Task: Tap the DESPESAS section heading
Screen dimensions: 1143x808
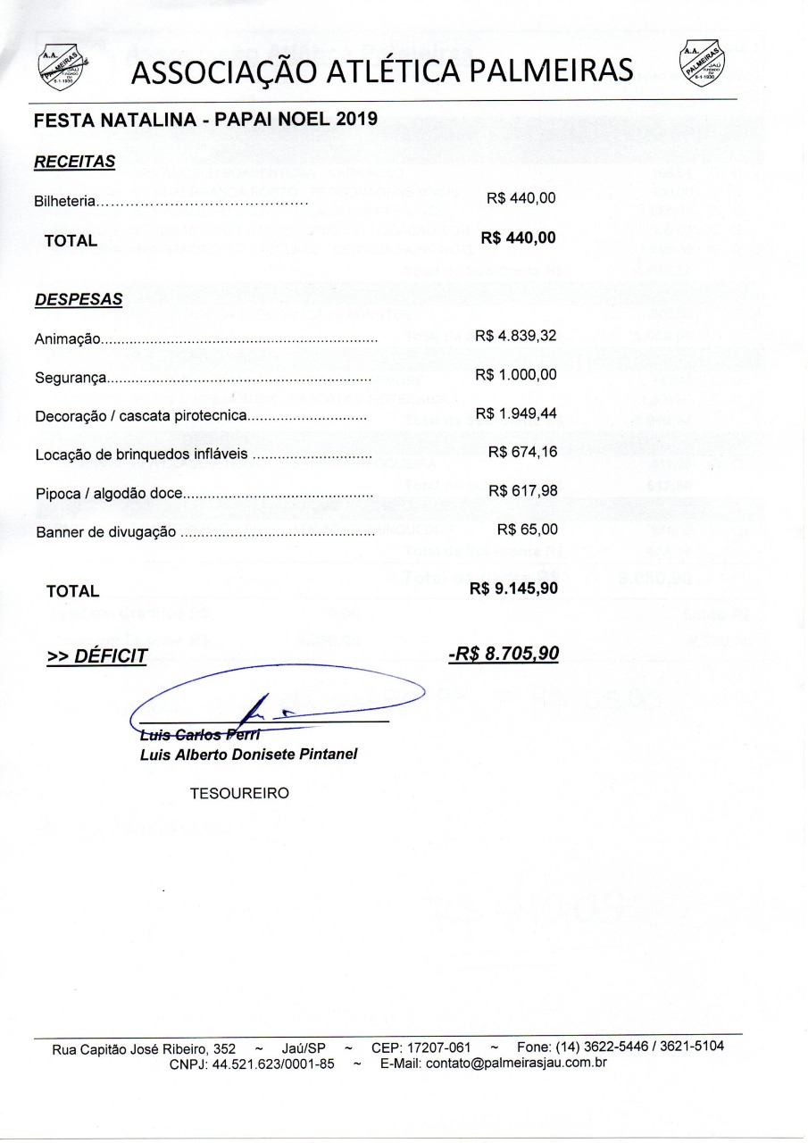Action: point(78,300)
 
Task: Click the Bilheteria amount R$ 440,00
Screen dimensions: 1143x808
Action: point(521,198)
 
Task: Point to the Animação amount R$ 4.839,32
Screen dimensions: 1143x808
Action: point(516,336)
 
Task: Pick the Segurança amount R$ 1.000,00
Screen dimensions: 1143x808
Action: point(516,374)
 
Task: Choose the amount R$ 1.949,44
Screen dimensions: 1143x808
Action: point(516,413)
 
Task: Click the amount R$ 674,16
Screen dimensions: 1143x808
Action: point(522,452)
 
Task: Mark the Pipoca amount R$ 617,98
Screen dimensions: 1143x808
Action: point(522,490)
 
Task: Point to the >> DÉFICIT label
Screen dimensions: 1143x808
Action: point(96,656)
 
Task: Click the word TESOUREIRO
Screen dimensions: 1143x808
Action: point(239,793)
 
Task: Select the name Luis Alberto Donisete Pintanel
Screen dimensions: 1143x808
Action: point(248,755)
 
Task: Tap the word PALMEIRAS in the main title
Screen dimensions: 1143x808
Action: point(548,70)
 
